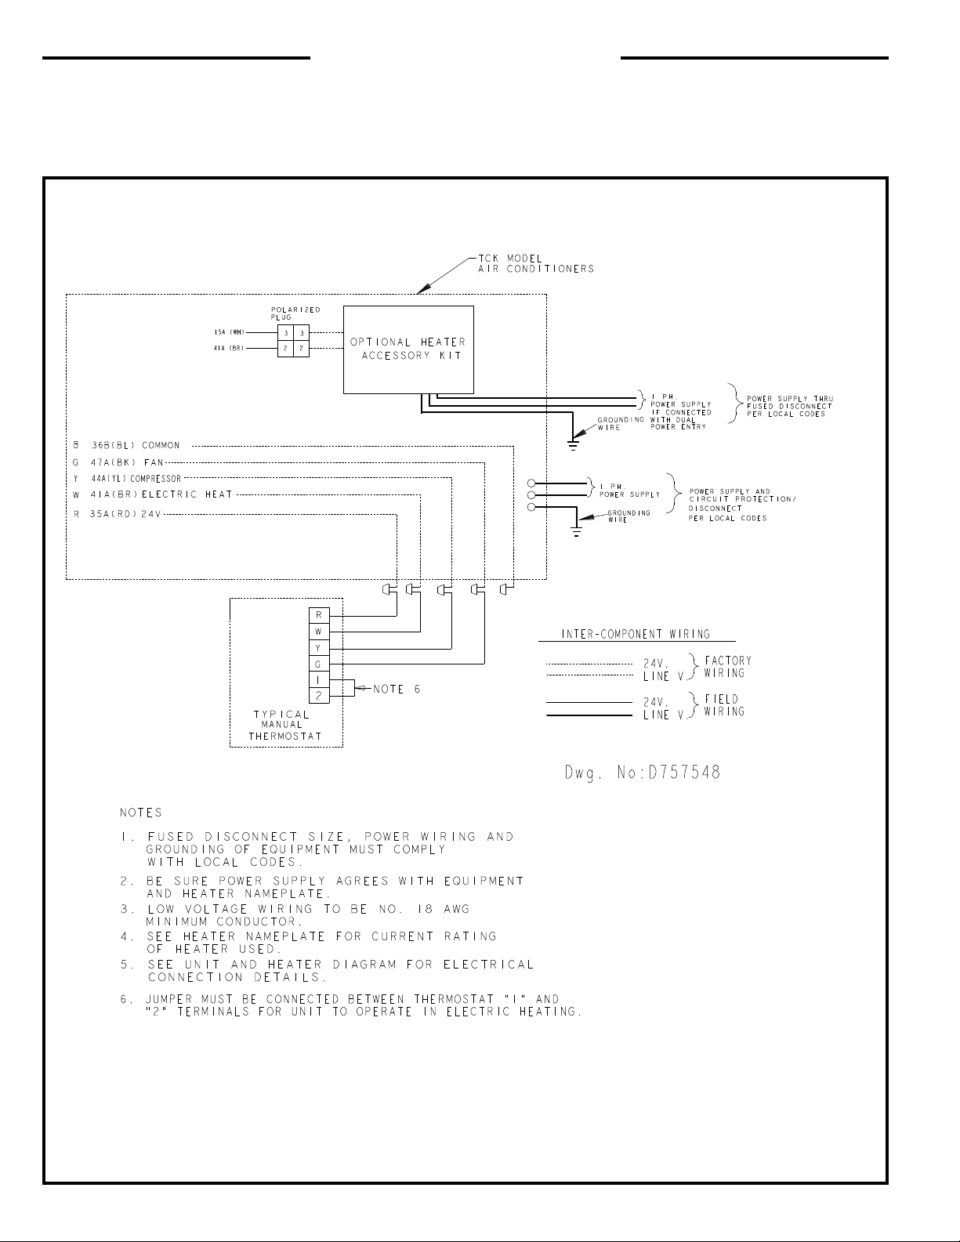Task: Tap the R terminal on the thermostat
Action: [319, 615]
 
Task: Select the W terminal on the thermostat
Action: [319, 632]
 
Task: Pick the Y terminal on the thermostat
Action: [319, 647]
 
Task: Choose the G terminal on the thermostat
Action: [319, 664]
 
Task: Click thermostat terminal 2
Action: [319, 696]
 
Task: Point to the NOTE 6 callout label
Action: [397, 690]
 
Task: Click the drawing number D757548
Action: [643, 773]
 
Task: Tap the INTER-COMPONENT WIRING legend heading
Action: [636, 634]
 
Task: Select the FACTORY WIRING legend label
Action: [727, 667]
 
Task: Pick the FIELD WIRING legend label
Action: [724, 705]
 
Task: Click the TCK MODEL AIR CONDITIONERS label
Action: [536, 263]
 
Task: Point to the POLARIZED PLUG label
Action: [295, 313]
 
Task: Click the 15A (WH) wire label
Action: [230, 332]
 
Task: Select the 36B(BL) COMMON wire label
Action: [136, 445]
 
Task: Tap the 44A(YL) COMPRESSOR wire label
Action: [136, 479]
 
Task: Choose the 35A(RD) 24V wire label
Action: [125, 514]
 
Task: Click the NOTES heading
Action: [141, 812]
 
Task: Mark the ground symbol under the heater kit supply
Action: [573, 444]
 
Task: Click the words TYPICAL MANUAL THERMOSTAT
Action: [285, 726]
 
